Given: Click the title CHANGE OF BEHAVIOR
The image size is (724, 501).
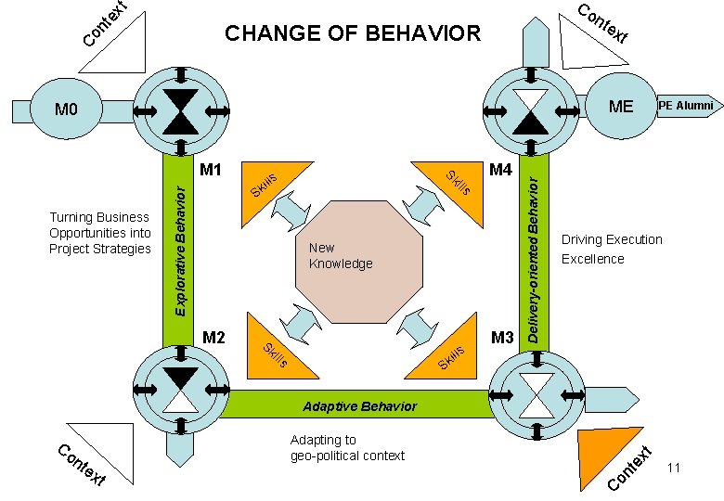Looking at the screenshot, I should click(x=354, y=35).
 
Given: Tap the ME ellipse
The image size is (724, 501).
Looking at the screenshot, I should click(x=620, y=107).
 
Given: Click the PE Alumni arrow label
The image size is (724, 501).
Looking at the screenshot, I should click(x=685, y=106).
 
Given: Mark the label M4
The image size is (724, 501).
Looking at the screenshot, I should click(x=500, y=170).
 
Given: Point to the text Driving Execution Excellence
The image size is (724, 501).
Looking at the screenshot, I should click(x=612, y=250).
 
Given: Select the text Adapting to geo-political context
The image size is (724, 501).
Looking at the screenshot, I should click(x=347, y=447).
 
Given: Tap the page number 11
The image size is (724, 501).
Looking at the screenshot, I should click(x=674, y=469).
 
